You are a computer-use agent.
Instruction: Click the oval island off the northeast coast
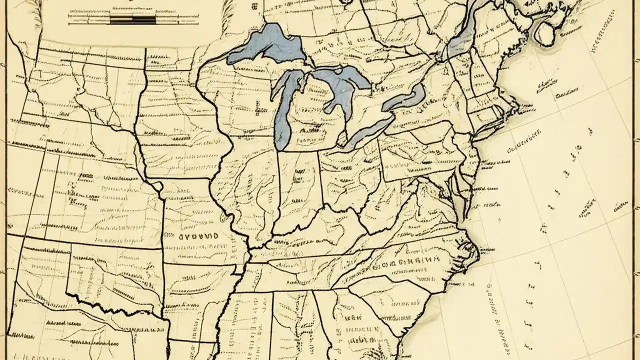pyautogui.click(x=544, y=31)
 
